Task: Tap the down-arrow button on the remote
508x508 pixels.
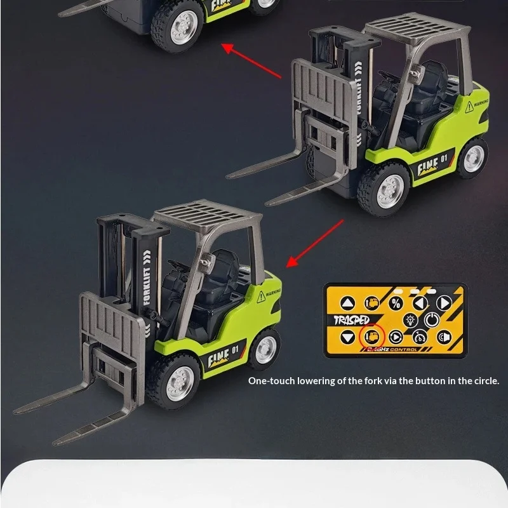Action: tap(347, 337)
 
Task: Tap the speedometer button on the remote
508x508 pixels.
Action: tap(419, 337)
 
